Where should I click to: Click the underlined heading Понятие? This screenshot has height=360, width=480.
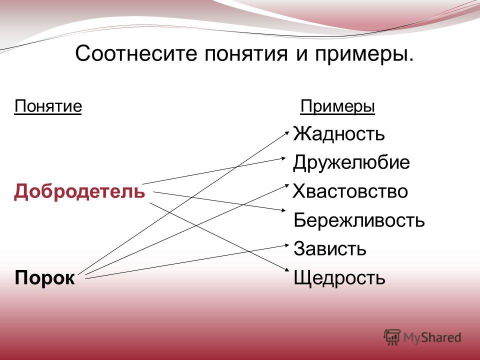point(48,106)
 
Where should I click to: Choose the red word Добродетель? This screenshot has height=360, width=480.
point(79,191)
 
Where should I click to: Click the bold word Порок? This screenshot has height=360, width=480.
point(44,278)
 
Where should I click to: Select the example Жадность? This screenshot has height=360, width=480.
point(338,134)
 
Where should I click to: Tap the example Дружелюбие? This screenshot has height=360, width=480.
point(351,162)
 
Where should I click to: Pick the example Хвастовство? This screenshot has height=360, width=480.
point(350,191)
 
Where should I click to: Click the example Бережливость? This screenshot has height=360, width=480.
point(359,220)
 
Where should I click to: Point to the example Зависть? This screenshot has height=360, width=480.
point(330,248)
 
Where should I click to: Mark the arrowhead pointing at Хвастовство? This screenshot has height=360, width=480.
point(287,185)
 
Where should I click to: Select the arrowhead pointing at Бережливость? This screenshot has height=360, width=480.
point(283,210)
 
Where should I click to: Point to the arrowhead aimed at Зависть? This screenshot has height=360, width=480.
point(287,244)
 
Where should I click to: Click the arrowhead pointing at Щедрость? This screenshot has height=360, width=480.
point(287,270)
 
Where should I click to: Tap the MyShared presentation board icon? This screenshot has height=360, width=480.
point(392,337)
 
